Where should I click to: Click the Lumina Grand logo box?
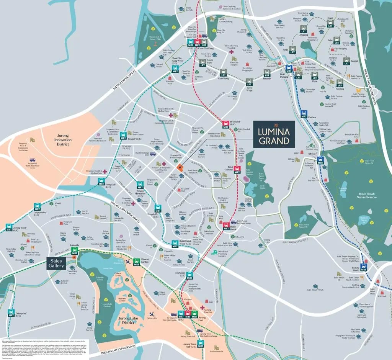(274, 134)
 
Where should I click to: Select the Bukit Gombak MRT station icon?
(237, 169)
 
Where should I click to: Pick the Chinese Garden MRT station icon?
(137, 262)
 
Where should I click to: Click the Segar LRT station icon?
(330, 23)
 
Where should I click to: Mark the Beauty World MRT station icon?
(364, 267)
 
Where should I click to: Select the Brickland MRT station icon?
(225, 124)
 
